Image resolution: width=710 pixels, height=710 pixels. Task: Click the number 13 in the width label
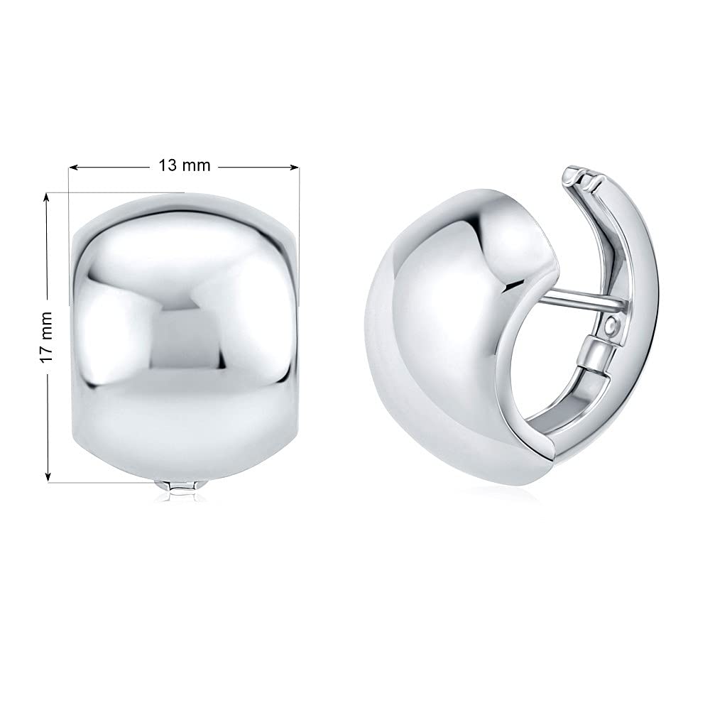pos(167,165)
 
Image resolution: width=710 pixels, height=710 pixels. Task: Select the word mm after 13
pos(197,165)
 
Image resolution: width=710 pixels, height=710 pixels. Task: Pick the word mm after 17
pos(47,326)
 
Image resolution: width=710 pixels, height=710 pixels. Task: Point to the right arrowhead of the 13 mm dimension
pos(295,168)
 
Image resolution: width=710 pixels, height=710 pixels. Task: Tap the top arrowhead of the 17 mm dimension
pos(47,199)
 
